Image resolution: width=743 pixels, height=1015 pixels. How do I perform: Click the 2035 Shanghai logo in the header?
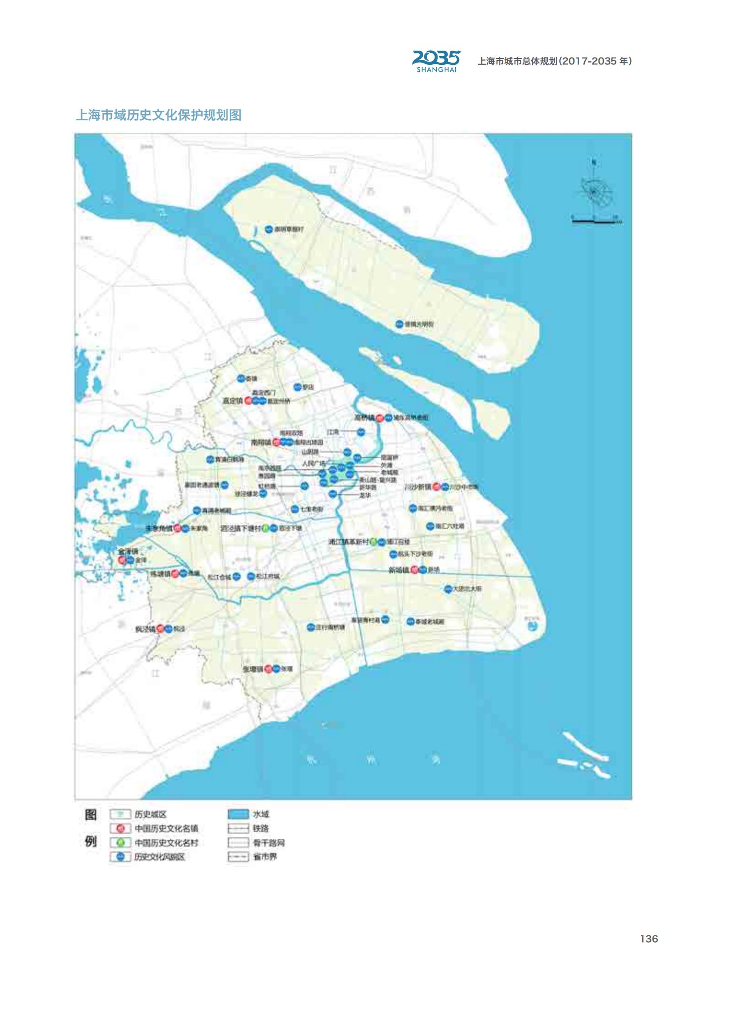pyautogui.click(x=436, y=61)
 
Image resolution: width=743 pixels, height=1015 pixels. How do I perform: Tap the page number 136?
pyautogui.click(x=649, y=939)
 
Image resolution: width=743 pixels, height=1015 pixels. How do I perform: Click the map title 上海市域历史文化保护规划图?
pyautogui.click(x=159, y=115)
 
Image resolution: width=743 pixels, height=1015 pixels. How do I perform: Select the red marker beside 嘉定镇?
pyautogui.click(x=249, y=401)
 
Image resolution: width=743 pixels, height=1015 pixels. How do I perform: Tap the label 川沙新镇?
pyautogui.click(x=418, y=487)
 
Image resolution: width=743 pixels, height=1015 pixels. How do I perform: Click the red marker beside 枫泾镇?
pyautogui.click(x=160, y=628)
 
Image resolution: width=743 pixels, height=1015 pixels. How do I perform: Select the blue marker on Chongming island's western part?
pyautogui.click(x=269, y=229)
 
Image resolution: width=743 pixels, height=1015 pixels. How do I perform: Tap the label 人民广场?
pyautogui.click(x=313, y=464)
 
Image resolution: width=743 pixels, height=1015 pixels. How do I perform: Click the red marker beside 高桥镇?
pyautogui.click(x=380, y=418)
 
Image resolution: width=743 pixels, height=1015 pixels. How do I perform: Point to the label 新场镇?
pyautogui.click(x=399, y=570)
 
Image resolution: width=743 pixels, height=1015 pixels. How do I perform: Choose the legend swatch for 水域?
pyautogui.click(x=238, y=814)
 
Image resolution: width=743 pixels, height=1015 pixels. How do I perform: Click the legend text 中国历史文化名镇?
pyautogui.click(x=166, y=829)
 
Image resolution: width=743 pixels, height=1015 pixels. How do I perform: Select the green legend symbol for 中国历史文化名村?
pyautogui.click(x=121, y=843)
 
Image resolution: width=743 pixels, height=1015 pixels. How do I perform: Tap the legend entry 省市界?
pyautogui.click(x=265, y=857)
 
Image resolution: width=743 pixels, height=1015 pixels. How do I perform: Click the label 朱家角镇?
pyautogui.click(x=159, y=528)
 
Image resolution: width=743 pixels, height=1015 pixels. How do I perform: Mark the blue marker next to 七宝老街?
pyautogui.click(x=295, y=509)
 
